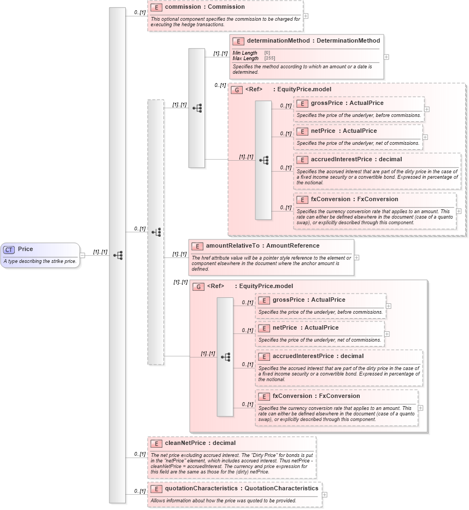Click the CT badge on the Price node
click(9, 250)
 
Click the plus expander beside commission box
click(306, 16)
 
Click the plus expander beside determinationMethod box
click(386, 56)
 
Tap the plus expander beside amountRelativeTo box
click(356, 257)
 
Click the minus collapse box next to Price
click(83, 255)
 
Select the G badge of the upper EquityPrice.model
click(237, 90)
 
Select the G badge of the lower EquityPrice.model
click(198, 286)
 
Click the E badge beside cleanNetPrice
click(156, 443)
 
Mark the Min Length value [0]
click(267, 52)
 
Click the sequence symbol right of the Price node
click(118, 255)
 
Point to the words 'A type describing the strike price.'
click(40, 261)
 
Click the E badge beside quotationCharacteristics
click(156, 489)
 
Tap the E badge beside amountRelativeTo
click(197, 247)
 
